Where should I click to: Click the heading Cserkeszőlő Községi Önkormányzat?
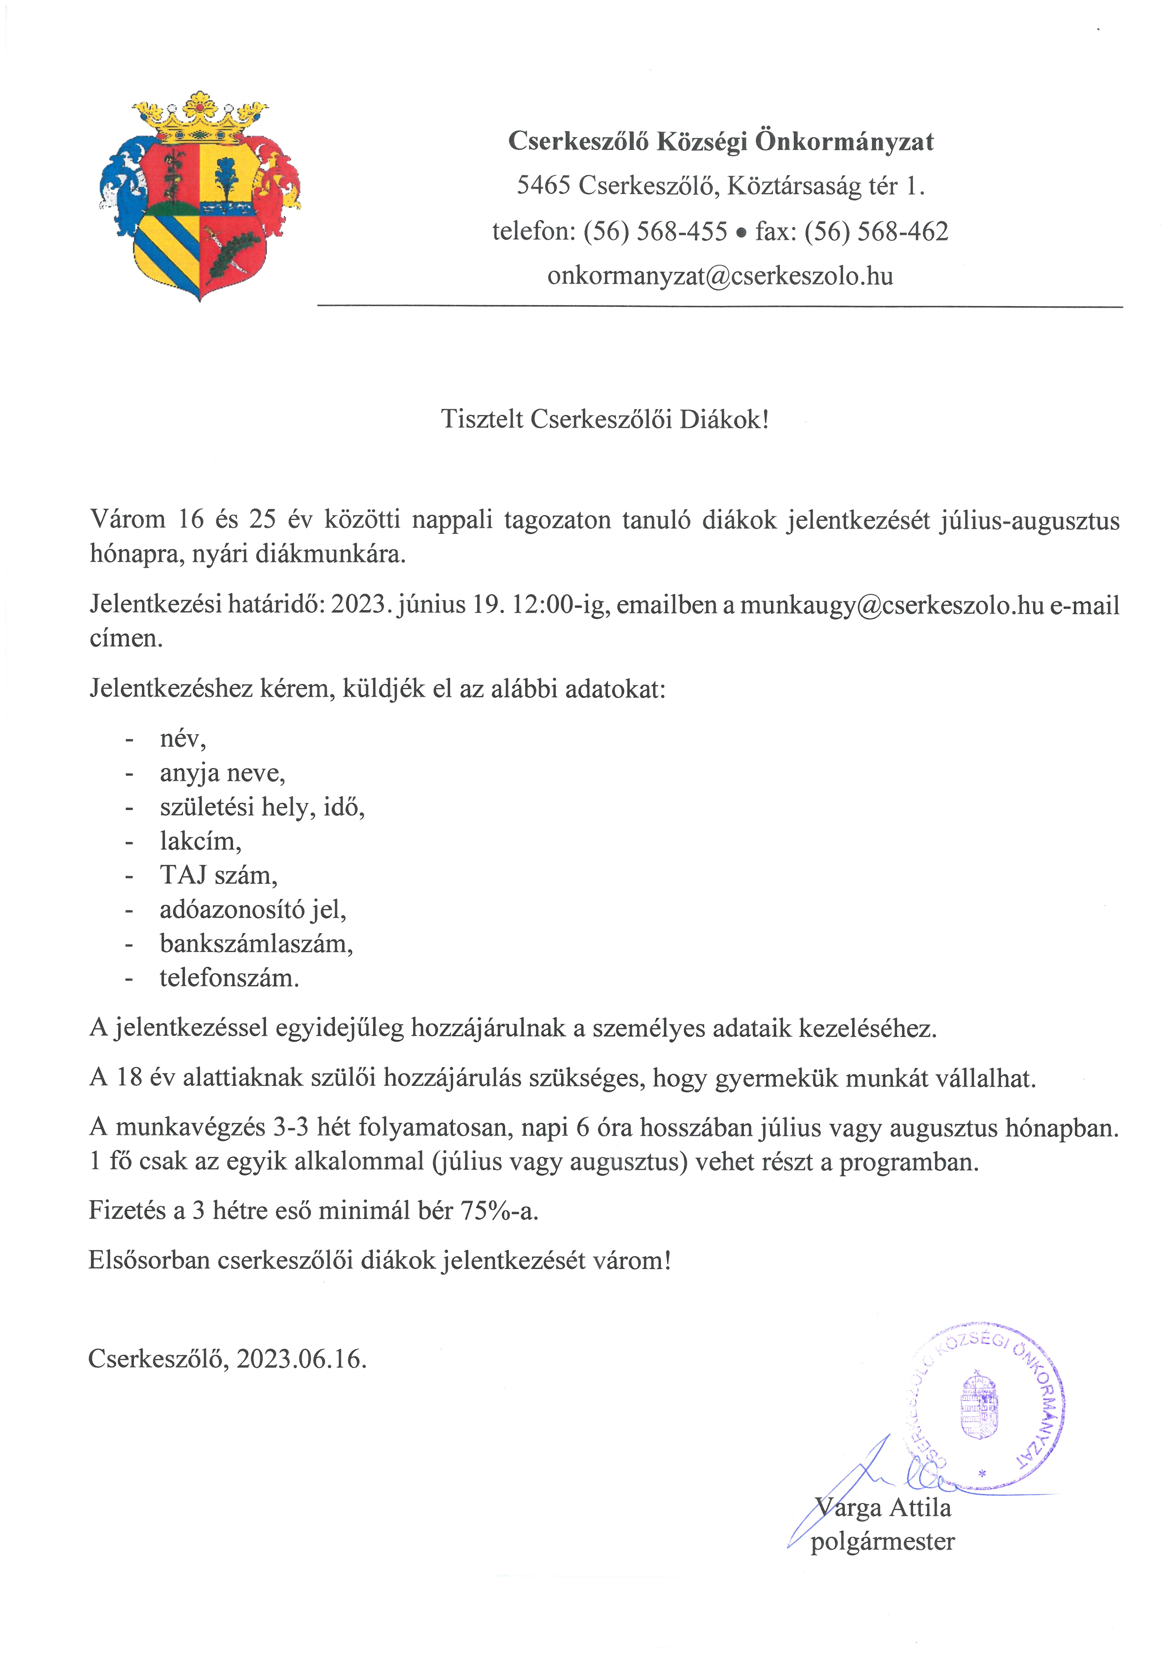tap(720, 141)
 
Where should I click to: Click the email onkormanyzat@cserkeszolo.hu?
tap(720, 276)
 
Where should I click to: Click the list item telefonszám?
tap(229, 978)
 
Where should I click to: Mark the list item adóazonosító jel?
tap(253, 910)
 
